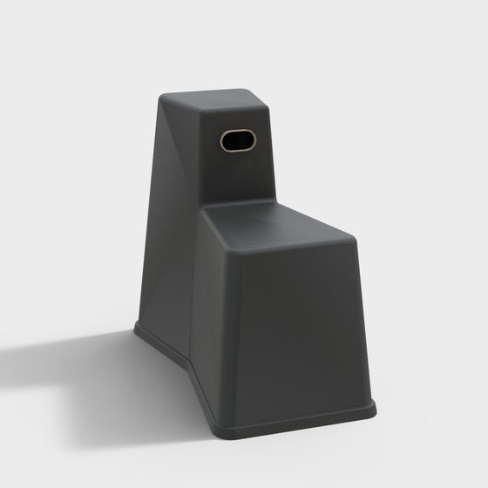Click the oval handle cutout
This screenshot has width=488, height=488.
(236, 139)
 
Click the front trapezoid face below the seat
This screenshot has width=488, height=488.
(296, 331)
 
